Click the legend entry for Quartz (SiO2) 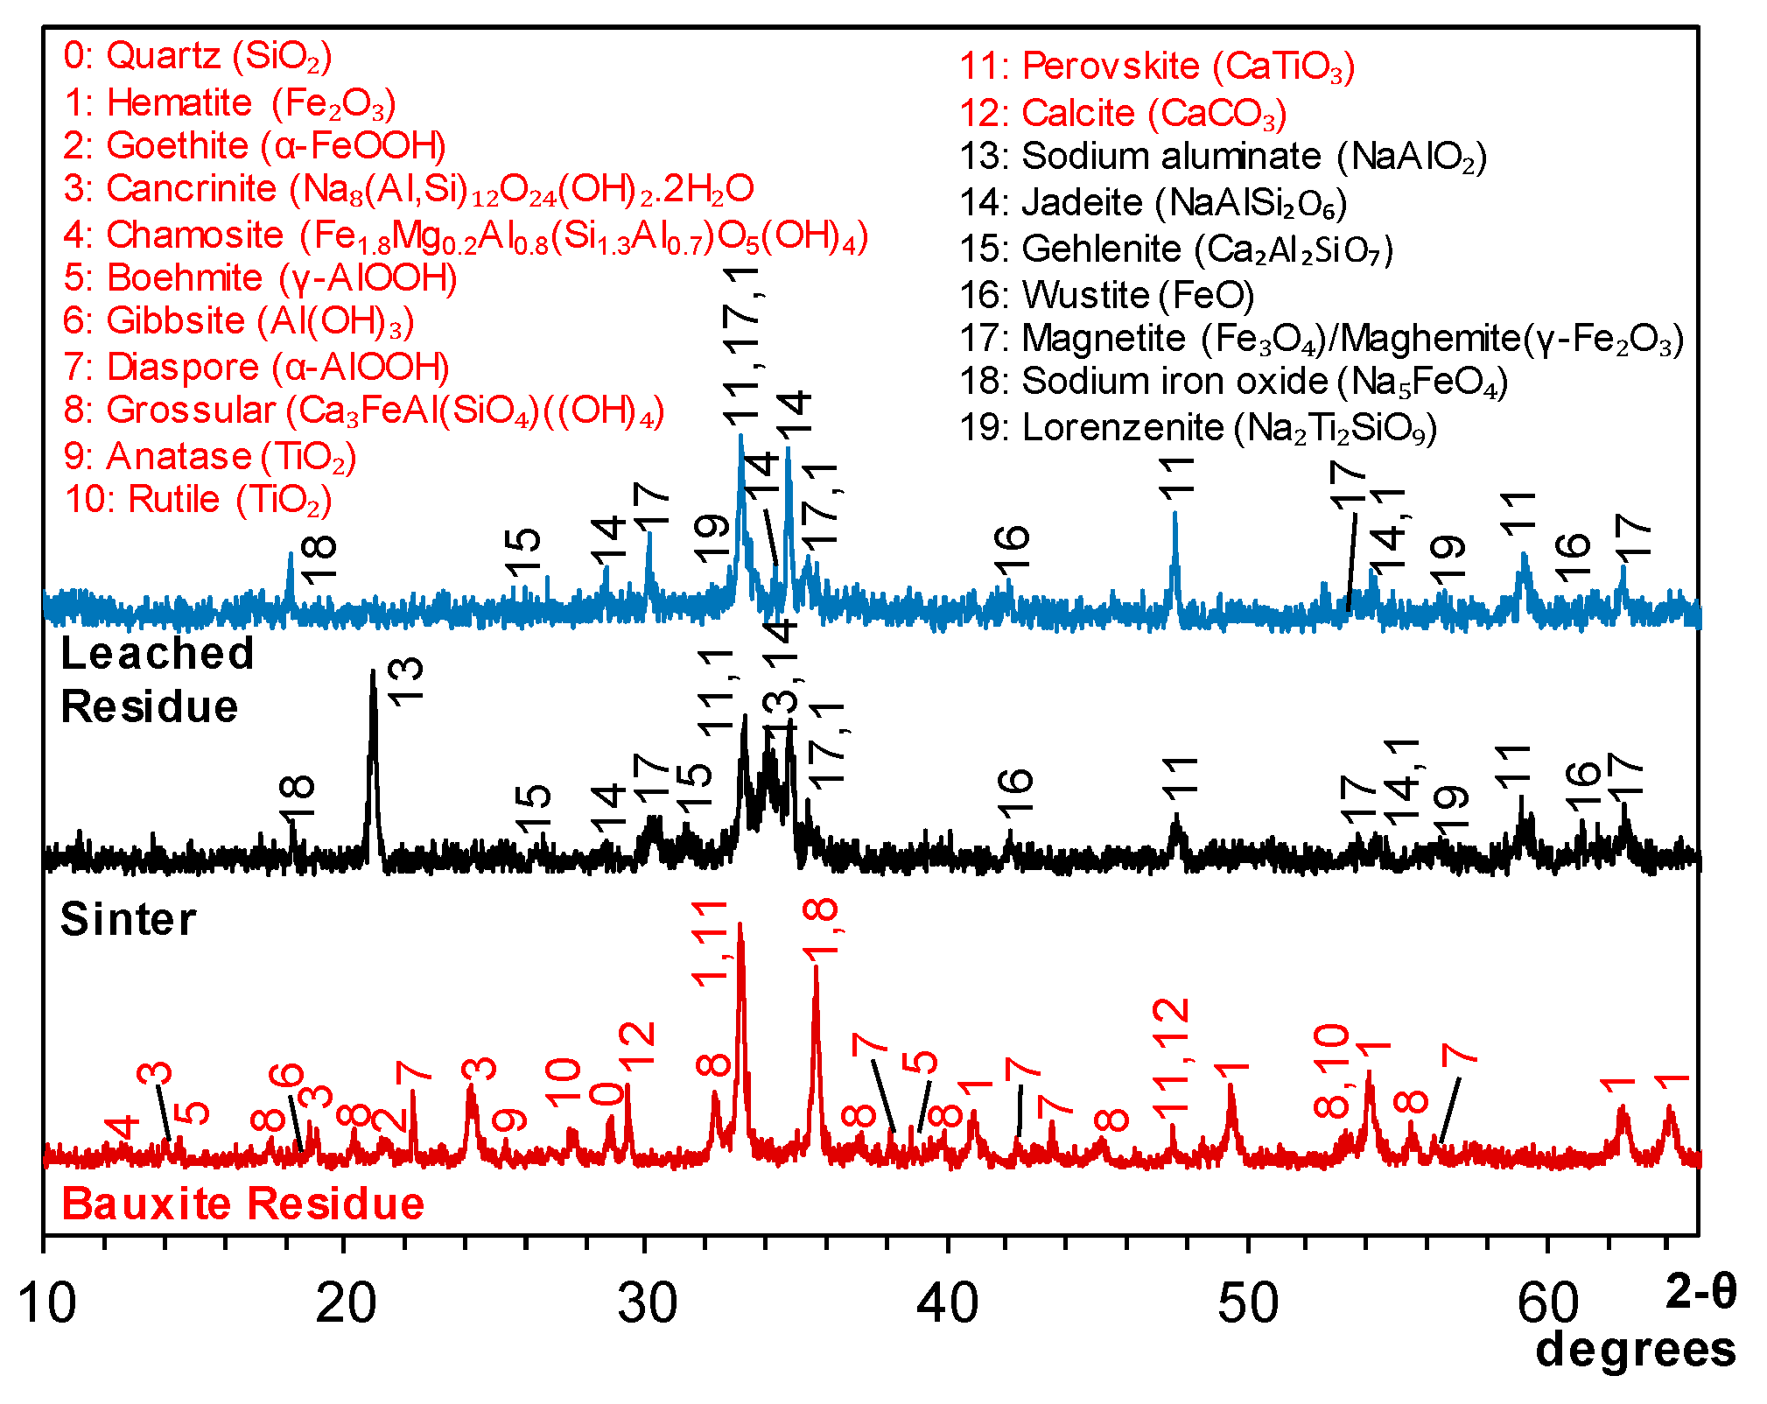[197, 56]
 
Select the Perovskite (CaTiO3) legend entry [1156, 67]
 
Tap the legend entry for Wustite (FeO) [1106, 295]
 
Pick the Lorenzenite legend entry [1197, 428]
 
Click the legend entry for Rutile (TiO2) [198, 500]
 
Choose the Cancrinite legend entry [408, 189]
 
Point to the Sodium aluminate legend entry [1223, 157]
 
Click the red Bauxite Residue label [242, 1204]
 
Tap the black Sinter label [128, 920]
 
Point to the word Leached [158, 654]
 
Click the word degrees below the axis [1635, 1350]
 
